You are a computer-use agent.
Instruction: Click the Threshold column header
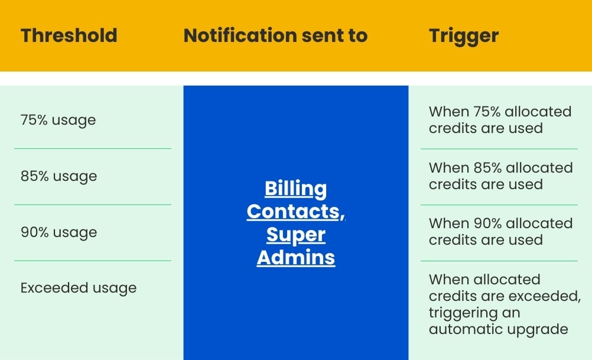coord(69,35)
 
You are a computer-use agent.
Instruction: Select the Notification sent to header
coord(275,35)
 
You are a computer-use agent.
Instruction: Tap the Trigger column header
coord(463,35)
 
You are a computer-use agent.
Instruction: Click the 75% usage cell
coord(58,120)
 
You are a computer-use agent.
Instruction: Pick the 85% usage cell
coord(58,176)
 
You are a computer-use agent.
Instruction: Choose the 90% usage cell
coord(58,232)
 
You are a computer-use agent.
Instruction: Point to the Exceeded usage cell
coord(79,288)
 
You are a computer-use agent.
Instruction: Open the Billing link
coord(295,189)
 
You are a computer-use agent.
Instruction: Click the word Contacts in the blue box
coord(295,212)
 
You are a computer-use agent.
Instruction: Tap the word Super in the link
coord(295,235)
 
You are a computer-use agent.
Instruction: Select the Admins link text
coord(295,258)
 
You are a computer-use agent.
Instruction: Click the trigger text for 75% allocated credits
coord(500,119)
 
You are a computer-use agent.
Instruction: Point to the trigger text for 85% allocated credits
coord(500,176)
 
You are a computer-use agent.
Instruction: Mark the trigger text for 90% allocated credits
coord(500,231)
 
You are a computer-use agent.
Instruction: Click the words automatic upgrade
coord(499,329)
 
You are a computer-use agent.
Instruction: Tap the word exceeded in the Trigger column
coord(541,296)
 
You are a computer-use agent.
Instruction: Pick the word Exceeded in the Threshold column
coord(47,288)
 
